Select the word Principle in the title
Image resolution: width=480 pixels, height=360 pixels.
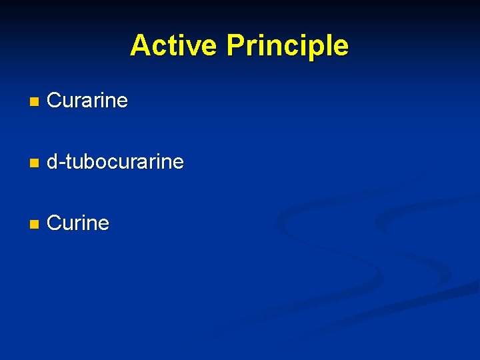coord(287,45)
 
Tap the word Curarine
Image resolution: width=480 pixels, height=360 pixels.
coord(87,101)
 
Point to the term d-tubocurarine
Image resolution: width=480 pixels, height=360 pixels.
coord(115,162)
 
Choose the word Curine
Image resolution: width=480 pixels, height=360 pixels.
coord(78,223)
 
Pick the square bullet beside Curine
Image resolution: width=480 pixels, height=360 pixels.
coord(34,224)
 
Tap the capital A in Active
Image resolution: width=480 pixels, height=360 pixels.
coord(140,45)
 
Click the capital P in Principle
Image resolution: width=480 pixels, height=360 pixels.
coord(235,45)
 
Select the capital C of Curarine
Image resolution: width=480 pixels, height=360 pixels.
coord(54,101)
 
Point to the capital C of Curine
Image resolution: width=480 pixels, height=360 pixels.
coord(54,223)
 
